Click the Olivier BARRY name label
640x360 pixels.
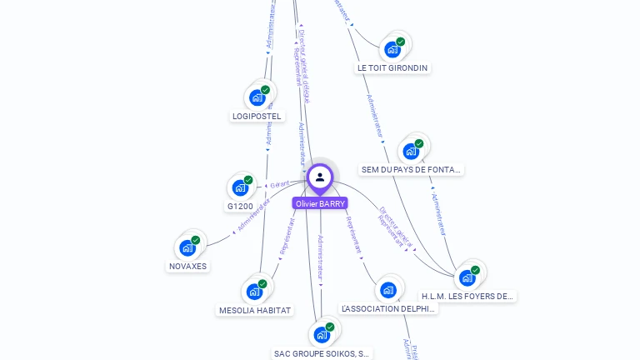[320, 203]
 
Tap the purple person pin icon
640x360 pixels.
[320, 177]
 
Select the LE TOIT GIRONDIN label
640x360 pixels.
[392, 67]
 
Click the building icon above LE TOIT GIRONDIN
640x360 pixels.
[392, 49]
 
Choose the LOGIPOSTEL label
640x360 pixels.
[257, 117]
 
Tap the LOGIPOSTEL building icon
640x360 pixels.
[257, 97]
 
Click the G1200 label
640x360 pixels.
[240, 206]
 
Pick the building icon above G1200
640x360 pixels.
[240, 187]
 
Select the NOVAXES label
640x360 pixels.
[187, 267]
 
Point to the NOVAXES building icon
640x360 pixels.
[187, 247]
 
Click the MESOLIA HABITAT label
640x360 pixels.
[255, 311]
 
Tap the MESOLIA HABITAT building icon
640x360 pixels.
[254, 292]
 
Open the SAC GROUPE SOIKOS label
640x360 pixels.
[322, 353]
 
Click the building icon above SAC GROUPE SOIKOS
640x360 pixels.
[322, 335]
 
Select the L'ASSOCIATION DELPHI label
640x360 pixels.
[388, 308]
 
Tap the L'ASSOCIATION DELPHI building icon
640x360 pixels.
[387, 290]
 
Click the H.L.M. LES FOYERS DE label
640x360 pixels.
[467, 296]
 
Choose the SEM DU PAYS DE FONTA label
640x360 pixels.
[411, 169]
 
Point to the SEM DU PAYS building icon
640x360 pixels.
[411, 151]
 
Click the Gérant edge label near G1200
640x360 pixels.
[279, 184]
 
